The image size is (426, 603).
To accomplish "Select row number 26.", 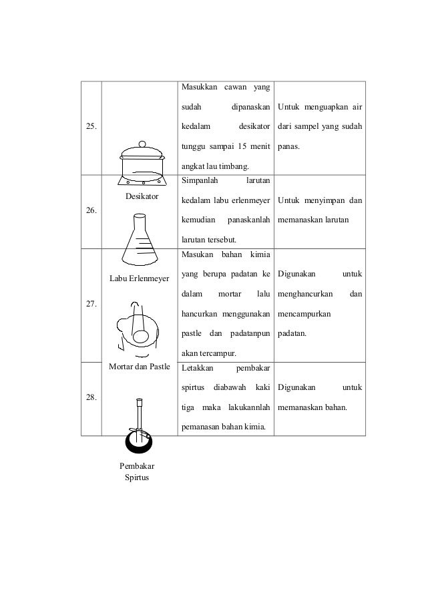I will pos(89,210).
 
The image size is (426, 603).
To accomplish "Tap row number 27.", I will pos(89,304).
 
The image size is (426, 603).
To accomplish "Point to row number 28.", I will pos(89,397).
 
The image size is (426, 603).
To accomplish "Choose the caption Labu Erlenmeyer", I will pos(139,277).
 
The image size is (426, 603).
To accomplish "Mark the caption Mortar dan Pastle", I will pos(139,367).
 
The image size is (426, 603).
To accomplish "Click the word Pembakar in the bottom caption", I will pos(136,466).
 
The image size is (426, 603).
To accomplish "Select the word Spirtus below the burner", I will pos(136,478).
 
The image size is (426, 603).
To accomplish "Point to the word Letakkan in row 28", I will pos(197,368).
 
